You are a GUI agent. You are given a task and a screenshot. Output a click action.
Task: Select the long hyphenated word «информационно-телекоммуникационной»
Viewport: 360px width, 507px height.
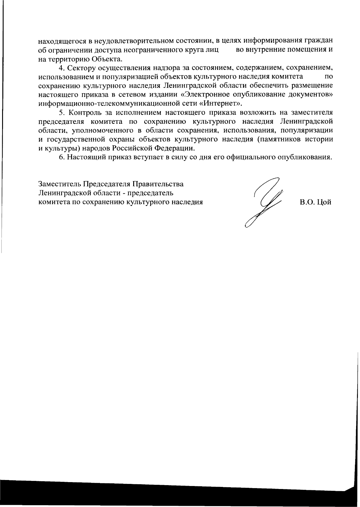[x=104, y=104]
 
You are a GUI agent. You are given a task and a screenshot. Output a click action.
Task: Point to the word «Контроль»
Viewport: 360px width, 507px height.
[x=85, y=113]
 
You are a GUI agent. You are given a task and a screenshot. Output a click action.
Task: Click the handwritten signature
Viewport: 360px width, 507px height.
[x=264, y=202]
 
